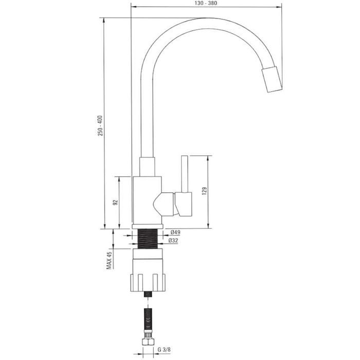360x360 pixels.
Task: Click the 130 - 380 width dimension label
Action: [206, 3]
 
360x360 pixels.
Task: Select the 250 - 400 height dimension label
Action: [100, 125]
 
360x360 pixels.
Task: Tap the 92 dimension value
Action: [115, 202]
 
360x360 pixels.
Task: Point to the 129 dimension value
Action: [204, 191]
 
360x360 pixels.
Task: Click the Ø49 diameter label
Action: [175, 232]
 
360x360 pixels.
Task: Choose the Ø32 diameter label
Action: [173, 241]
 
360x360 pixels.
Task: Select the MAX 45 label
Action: [109, 260]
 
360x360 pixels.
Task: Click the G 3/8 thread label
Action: [164, 350]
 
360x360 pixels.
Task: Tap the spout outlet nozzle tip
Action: [272, 79]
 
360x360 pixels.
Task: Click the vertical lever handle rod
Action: [184, 174]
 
